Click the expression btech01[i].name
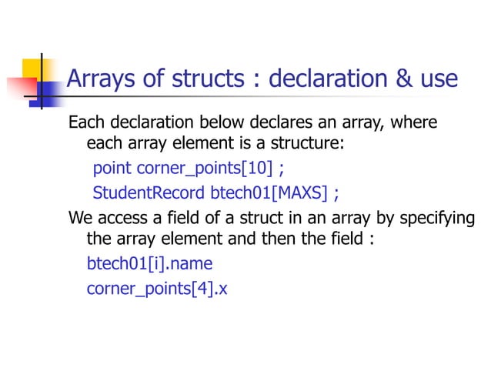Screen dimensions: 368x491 (149, 264)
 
